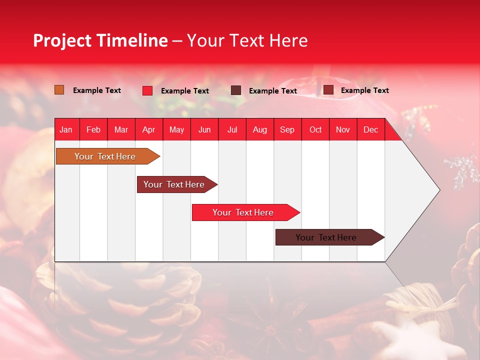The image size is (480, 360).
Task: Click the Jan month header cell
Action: click(x=66, y=129)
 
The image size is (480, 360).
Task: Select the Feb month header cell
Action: click(x=93, y=129)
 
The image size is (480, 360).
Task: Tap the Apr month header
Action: click(x=149, y=129)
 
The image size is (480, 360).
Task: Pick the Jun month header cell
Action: click(x=204, y=129)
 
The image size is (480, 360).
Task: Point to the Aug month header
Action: click(x=260, y=129)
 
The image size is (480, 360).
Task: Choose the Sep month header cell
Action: click(x=287, y=129)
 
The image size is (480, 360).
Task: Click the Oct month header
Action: click(x=315, y=129)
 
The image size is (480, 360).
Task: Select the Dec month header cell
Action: click(x=371, y=129)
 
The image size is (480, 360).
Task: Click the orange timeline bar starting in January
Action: click(x=105, y=156)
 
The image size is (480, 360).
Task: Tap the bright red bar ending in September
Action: click(x=243, y=212)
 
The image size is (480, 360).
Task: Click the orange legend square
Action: click(x=59, y=90)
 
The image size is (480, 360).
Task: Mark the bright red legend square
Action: click(x=147, y=90)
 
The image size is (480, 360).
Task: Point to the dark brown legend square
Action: click(x=236, y=90)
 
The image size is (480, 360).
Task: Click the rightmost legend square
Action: click(x=328, y=90)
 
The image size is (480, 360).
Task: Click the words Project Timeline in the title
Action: click(x=100, y=40)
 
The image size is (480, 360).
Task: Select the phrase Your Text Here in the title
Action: click(x=247, y=40)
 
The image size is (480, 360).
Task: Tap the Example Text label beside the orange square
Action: click(x=97, y=90)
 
